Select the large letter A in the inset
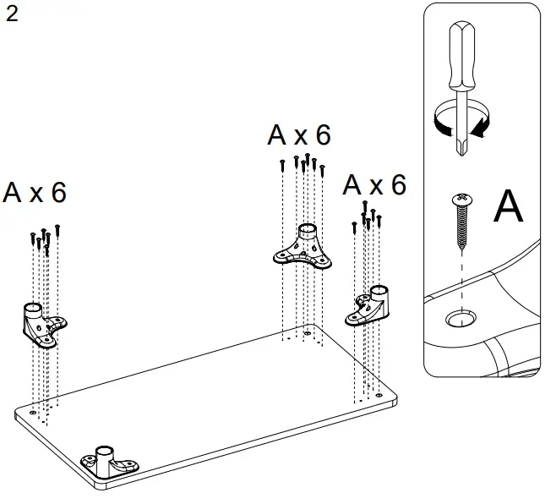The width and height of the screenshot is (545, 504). (508, 207)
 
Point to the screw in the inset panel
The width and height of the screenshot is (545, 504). (461, 222)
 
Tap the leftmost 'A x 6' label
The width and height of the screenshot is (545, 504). (35, 192)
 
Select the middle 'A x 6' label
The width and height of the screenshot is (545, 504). (299, 134)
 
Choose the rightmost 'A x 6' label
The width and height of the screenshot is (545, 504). (375, 185)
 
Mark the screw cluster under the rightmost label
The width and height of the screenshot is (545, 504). (367, 217)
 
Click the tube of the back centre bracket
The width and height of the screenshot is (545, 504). (308, 233)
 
